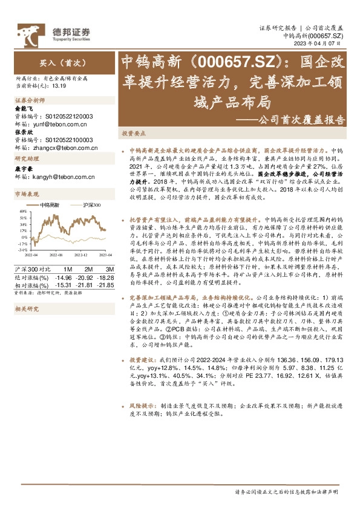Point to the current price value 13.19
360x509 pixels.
click(x=59, y=85)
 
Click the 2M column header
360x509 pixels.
click(x=88, y=269)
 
